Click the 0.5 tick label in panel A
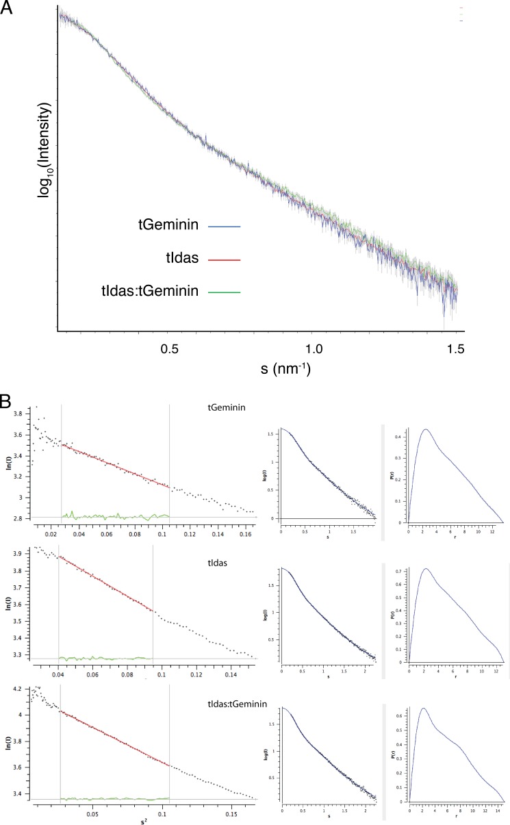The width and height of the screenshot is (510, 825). pyautogui.click(x=169, y=348)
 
